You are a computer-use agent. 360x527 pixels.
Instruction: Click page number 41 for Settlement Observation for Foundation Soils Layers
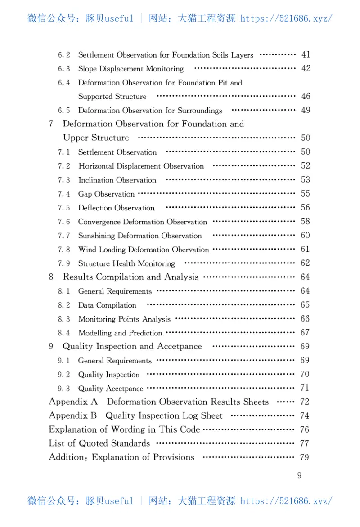[306, 55]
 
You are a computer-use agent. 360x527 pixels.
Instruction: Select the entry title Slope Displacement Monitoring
[131, 69]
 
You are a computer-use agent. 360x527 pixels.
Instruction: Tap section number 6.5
[64, 111]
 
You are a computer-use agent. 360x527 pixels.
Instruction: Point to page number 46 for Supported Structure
[306, 96]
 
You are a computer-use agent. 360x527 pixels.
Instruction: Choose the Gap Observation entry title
[106, 194]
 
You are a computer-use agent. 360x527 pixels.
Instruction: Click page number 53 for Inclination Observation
[306, 180]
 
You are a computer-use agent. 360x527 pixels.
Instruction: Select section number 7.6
[64, 222]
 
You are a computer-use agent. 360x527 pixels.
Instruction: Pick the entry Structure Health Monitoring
[126, 264]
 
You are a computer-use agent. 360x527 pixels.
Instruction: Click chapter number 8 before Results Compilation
[51, 277]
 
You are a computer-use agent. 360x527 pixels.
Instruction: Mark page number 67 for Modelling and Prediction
[305, 333]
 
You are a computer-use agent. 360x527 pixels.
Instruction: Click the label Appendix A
[73, 402]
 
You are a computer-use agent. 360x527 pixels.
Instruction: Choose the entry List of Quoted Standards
[99, 443]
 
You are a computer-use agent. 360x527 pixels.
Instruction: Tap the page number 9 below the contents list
[300, 476]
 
